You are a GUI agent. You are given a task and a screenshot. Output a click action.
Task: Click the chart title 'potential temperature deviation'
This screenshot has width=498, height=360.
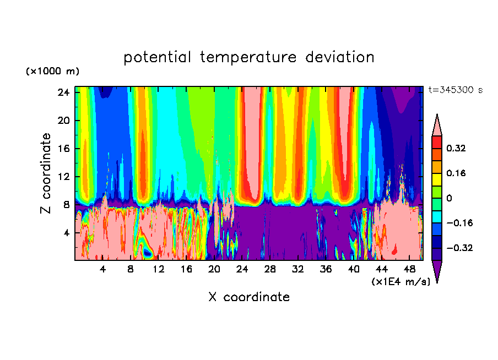(x=249, y=57)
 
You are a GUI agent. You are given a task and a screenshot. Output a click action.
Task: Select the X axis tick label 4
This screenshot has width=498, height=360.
(x=102, y=270)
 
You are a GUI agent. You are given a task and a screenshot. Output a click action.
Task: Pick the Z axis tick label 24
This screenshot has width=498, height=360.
(x=62, y=92)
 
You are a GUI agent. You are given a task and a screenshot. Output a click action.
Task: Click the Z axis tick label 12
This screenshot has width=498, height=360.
(x=62, y=177)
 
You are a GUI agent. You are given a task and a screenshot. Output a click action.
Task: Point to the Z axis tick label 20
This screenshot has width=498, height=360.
(x=62, y=121)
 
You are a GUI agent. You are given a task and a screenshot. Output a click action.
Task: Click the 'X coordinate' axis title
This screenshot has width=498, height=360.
(x=249, y=297)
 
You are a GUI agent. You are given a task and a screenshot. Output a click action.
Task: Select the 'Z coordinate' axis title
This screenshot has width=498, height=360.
(x=46, y=173)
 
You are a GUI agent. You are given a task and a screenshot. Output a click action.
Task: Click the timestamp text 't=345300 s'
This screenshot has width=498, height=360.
(x=456, y=90)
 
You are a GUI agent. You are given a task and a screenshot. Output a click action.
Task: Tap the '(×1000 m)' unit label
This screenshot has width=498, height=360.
(x=52, y=72)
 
